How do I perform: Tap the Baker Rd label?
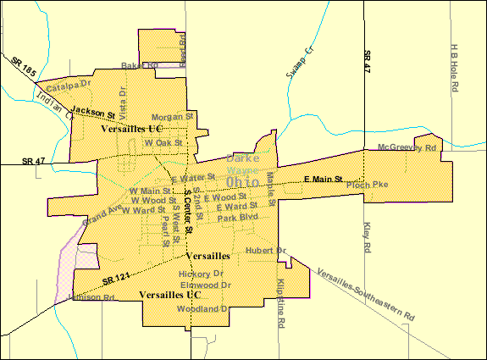coord(140,65)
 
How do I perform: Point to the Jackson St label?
coord(93,111)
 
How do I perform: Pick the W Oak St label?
coord(163,143)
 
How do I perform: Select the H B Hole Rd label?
coord(455,69)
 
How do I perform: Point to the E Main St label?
coord(323,179)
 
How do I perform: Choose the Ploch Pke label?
coord(366,184)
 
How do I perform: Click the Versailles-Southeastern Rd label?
coord(366,294)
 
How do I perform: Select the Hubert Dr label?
coord(266,250)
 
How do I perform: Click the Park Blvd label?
coord(236,218)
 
